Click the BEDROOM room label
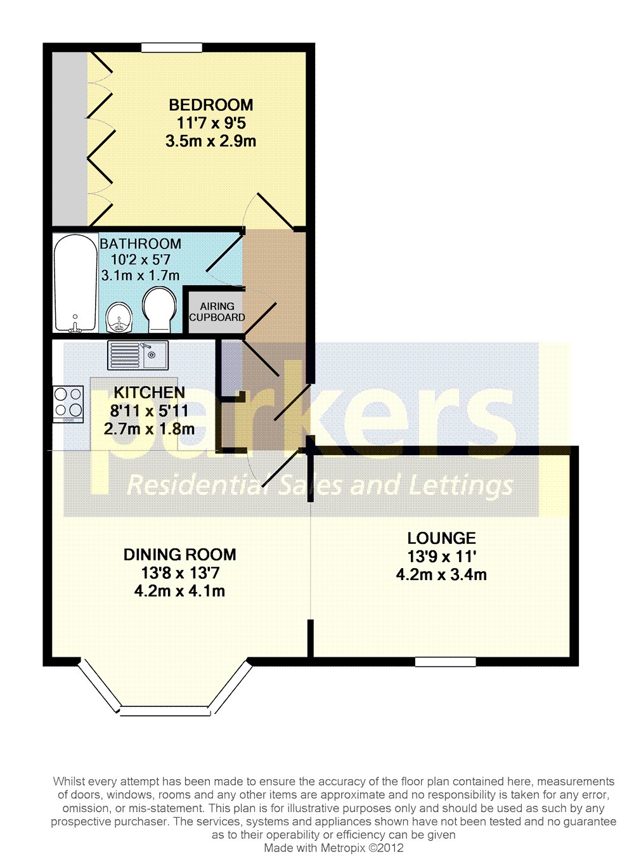coord(210,105)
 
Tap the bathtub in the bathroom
coord(74,282)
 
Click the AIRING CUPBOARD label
coord(217,312)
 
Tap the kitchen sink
coord(137,355)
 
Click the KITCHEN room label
coord(150,392)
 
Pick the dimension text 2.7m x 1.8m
coord(150,429)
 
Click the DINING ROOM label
coord(179,555)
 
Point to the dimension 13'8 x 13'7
coord(180,573)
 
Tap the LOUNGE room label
coord(441,538)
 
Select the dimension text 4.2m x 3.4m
coord(441,575)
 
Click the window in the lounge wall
coord(445,661)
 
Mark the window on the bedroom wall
coord(171,48)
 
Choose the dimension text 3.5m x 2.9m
coord(210,141)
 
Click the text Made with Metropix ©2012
coord(333,848)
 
